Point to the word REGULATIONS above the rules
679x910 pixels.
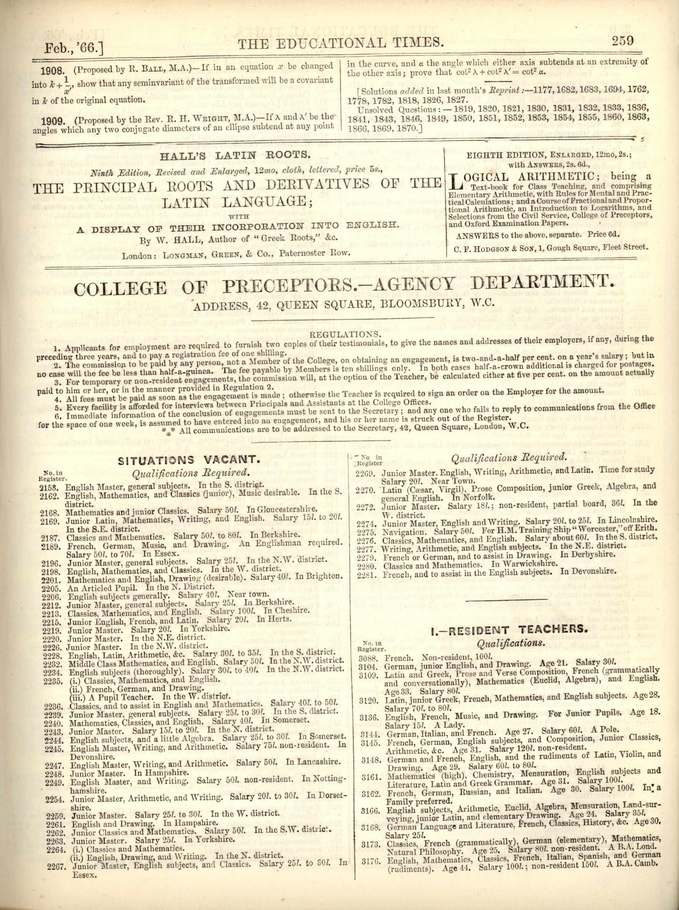pyautogui.click(x=343, y=334)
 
